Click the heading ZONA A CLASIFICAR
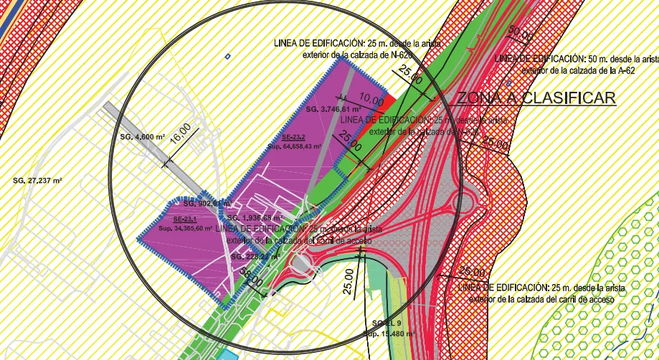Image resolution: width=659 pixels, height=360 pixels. pos(536,98)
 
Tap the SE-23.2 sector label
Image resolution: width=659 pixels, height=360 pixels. pos(293,137)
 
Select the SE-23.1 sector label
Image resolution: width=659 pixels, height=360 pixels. pos(184,219)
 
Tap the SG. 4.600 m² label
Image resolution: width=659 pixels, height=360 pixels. pos(141,136)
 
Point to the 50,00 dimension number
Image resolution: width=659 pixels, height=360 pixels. pos(521,34)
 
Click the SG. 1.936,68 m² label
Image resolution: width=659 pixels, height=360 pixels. pos(255,217)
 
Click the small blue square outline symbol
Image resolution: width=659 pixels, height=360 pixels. pos(227,56)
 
